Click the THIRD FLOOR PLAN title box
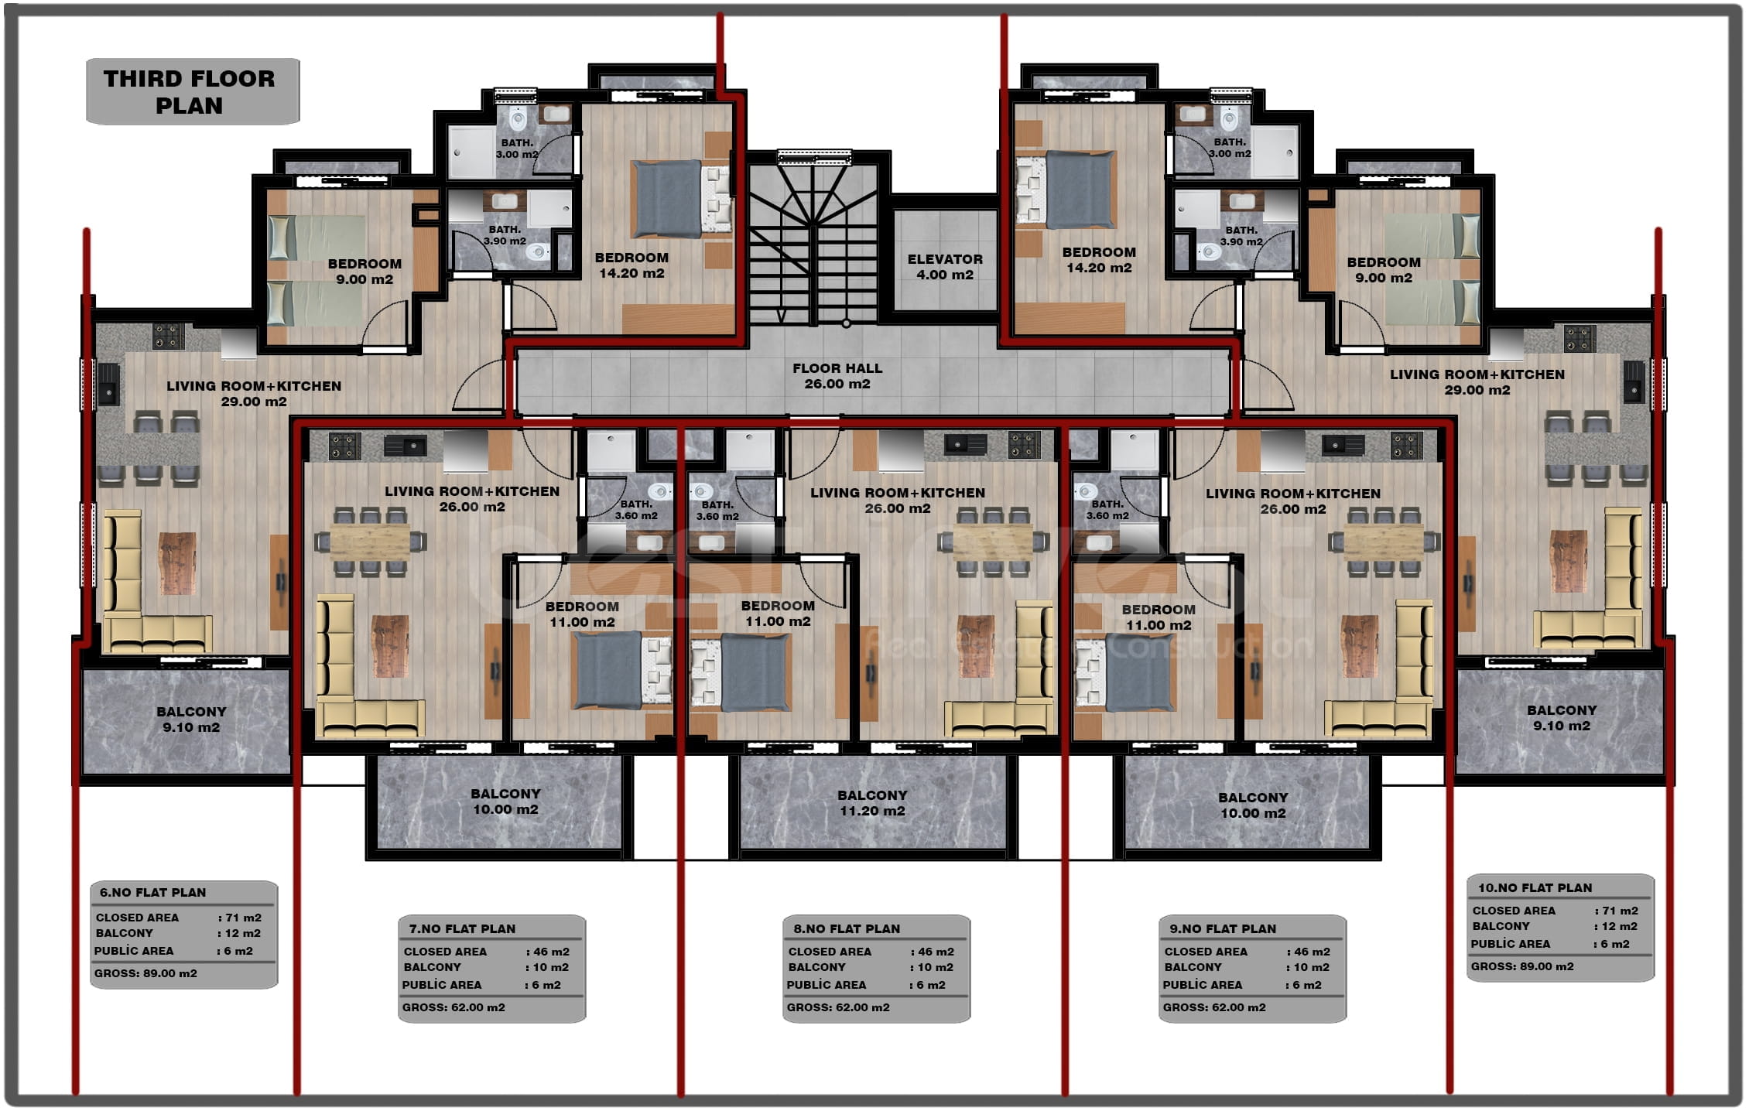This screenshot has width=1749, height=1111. [x=193, y=91]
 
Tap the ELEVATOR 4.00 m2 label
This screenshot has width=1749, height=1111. [x=945, y=267]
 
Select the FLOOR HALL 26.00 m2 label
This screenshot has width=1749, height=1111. [x=837, y=376]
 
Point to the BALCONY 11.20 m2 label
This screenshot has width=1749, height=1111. [x=872, y=803]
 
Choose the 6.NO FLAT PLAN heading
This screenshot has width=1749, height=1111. [x=152, y=892]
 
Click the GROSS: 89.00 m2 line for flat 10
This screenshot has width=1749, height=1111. [x=1522, y=966]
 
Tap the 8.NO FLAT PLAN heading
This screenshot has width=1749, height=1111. [x=847, y=928]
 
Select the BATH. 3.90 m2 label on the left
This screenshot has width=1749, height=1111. [x=505, y=235]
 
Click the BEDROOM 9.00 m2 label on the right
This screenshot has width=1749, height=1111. [x=1384, y=270]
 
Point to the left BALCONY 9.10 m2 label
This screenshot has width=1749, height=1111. [x=191, y=720]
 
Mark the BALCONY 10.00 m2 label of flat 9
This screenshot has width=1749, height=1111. [x=1253, y=805]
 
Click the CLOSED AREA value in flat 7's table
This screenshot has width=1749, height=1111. [x=548, y=952]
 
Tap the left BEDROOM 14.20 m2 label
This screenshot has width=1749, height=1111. [x=631, y=265]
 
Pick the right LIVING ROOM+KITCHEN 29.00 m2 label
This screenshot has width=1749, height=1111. [x=1477, y=382]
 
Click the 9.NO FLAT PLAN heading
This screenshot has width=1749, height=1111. [x=1223, y=928]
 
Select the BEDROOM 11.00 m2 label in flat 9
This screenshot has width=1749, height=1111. [x=1159, y=617]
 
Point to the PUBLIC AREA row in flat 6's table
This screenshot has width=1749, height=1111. [x=174, y=951]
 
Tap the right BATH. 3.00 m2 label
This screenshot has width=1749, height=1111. [x=1230, y=148]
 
